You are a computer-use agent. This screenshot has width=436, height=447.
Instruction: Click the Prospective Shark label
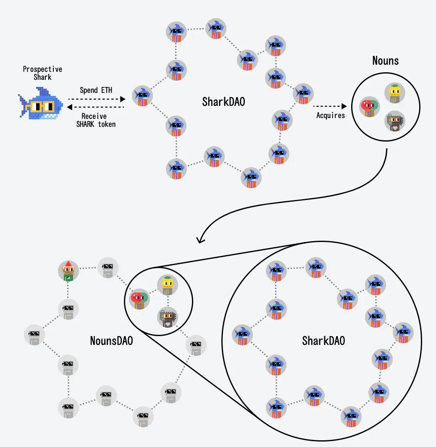coord(42,73)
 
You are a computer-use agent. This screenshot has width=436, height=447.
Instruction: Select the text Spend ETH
coord(96,90)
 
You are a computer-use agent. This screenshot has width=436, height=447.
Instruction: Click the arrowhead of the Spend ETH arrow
coord(123,99)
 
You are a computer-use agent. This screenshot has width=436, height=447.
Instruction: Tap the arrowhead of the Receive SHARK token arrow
coord(70,107)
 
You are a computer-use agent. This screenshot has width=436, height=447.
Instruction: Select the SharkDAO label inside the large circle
coord(323,340)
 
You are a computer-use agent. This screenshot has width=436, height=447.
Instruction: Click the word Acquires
coord(331,115)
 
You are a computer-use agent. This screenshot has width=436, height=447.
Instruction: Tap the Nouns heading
coord(385,60)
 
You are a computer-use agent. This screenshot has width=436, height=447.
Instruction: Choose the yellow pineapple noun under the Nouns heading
coord(394,93)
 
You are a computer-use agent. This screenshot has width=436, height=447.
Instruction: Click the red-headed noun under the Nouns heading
coord(369,107)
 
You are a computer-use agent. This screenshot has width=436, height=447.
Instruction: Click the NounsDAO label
coord(111,340)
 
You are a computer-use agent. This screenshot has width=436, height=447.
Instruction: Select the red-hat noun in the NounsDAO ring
coord(68,271)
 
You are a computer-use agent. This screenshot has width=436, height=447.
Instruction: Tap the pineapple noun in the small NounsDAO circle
coord(167,286)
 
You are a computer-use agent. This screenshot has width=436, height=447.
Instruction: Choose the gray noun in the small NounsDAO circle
coord(168,318)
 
